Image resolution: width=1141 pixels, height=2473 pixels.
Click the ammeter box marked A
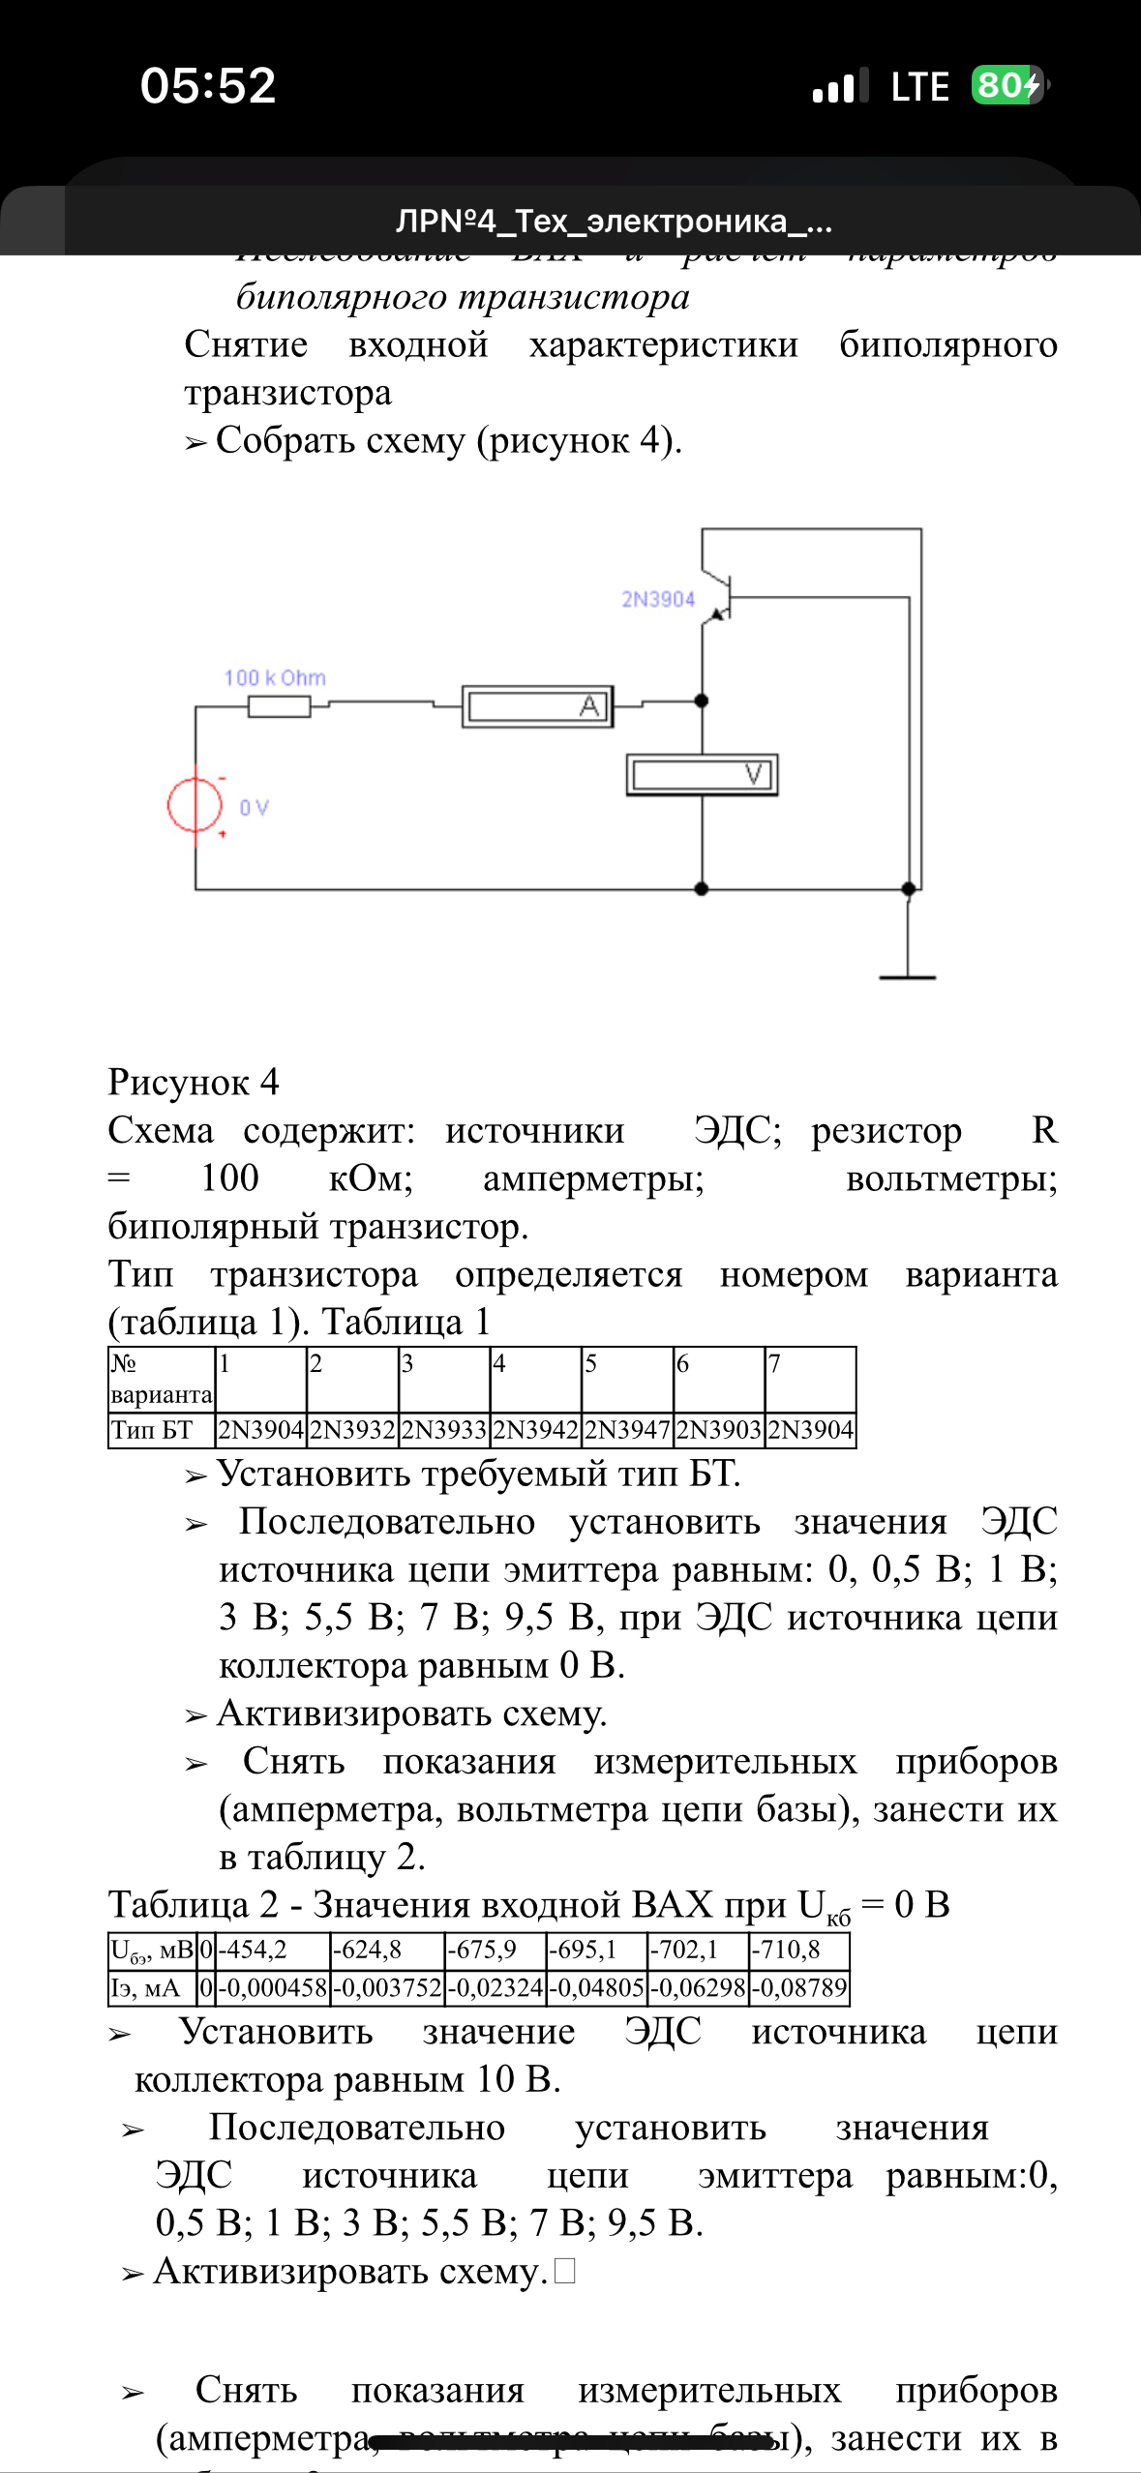537,706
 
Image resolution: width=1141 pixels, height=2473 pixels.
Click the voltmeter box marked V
702,774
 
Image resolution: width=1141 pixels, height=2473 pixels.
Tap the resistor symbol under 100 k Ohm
280,706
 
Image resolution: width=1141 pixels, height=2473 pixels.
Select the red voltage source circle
195,804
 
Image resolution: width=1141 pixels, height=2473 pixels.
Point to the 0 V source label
254,808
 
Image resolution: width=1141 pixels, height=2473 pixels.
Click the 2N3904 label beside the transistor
658,600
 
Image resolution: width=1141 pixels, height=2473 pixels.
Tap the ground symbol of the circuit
907,975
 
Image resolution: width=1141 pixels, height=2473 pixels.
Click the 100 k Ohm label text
275,678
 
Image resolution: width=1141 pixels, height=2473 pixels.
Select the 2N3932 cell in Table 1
352,1430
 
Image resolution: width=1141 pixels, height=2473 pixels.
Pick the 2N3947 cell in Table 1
627,1430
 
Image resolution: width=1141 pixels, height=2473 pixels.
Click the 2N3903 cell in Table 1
719,1430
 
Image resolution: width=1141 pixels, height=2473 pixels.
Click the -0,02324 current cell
495,1988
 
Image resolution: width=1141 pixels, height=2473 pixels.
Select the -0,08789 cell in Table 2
799,1988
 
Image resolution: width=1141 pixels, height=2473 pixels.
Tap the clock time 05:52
208,85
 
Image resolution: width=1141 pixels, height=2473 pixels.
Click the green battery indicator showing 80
1007,85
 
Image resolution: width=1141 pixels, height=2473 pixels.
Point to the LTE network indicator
919,87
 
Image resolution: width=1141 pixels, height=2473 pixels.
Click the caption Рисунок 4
194,1082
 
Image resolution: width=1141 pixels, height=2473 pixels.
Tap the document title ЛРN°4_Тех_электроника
614,222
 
